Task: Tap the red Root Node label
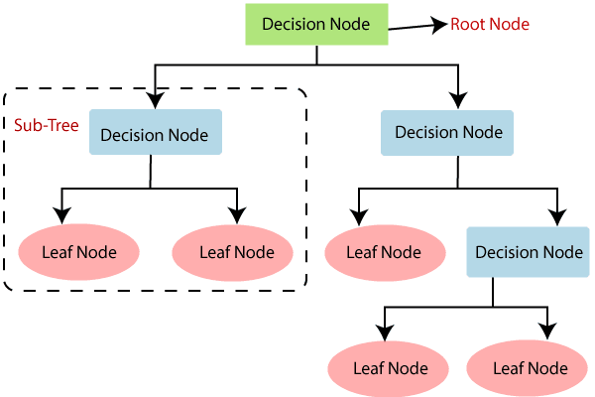click(491, 24)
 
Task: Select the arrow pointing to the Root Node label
click(416, 26)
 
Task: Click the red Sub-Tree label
click(46, 127)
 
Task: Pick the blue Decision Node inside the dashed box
click(155, 135)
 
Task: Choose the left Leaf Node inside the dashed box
click(78, 251)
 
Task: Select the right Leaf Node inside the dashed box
click(236, 251)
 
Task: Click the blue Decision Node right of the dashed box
click(448, 132)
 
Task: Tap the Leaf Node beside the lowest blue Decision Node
click(383, 251)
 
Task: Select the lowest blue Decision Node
click(529, 252)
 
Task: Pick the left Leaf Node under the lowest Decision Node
click(391, 368)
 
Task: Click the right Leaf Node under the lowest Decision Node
click(531, 368)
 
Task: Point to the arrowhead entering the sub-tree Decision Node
click(154, 100)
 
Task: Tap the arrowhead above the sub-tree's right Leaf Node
click(237, 214)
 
